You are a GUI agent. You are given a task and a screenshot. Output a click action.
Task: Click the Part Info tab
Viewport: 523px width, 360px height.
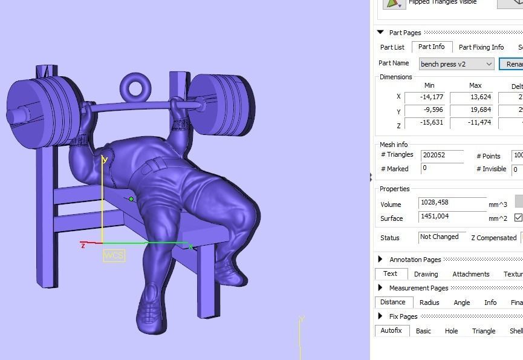pyautogui.click(x=431, y=47)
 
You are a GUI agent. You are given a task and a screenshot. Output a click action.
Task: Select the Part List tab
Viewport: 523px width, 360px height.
pyautogui.click(x=392, y=47)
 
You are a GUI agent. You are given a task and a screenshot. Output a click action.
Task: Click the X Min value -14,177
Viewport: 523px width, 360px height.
pyautogui.click(x=424, y=97)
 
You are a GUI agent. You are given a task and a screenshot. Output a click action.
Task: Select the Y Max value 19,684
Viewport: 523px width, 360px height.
pyautogui.click(x=470, y=111)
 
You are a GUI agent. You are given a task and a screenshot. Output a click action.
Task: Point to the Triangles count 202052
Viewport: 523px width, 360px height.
pyautogui.click(x=441, y=155)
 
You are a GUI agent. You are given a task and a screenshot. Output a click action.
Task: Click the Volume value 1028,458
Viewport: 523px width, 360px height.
pyautogui.click(x=452, y=204)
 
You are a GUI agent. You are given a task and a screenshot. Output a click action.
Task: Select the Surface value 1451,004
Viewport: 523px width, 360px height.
pyautogui.click(x=452, y=218)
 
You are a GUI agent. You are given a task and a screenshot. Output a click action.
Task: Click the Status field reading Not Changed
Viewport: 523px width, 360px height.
pyautogui.click(x=442, y=237)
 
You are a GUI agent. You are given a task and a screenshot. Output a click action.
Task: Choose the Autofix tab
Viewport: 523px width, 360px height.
pyautogui.click(x=392, y=331)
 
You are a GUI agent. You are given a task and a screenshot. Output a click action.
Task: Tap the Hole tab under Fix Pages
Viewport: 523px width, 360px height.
pyautogui.click(x=451, y=331)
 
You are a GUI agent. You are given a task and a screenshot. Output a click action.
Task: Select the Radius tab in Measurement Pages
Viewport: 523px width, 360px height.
pyautogui.click(x=429, y=303)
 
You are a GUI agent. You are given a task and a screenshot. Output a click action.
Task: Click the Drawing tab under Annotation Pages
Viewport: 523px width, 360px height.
pyautogui.click(x=426, y=274)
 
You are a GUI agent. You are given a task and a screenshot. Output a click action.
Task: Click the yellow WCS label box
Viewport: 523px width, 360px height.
pyautogui.click(x=114, y=255)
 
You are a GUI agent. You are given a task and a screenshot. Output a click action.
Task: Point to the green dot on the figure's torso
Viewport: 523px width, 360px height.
pyautogui.click(x=131, y=199)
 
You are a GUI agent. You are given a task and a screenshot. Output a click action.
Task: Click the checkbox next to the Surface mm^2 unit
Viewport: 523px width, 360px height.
pyautogui.click(x=518, y=218)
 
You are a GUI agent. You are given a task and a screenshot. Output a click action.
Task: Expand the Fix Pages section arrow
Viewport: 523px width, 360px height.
pyautogui.click(x=380, y=316)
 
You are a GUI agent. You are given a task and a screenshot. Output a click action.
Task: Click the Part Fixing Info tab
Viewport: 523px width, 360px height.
pyautogui.click(x=481, y=47)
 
